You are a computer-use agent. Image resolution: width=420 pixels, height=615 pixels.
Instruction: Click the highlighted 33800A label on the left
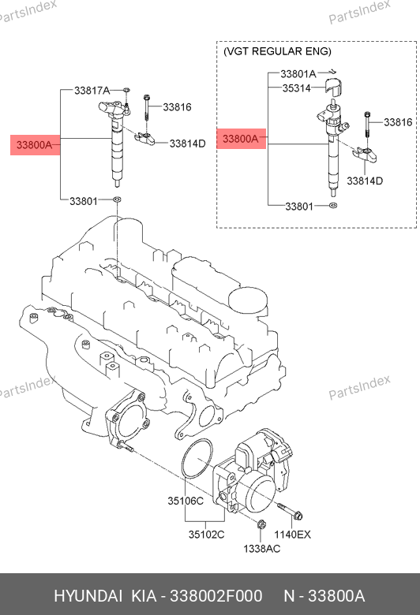click(35, 145)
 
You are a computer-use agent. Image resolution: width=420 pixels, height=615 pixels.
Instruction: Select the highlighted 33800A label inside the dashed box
click(242, 139)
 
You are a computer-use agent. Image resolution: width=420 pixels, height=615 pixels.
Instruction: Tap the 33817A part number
click(92, 91)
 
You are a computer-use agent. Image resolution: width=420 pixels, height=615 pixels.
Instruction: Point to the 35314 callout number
click(296, 88)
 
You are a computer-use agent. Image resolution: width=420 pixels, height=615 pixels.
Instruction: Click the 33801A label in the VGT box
click(298, 73)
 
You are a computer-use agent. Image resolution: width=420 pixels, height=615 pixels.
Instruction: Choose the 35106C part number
click(186, 501)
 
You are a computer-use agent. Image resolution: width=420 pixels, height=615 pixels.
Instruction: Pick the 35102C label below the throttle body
click(206, 535)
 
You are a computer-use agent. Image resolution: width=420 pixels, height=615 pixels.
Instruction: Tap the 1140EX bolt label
click(292, 535)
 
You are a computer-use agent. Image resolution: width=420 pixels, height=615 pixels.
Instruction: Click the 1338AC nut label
click(261, 548)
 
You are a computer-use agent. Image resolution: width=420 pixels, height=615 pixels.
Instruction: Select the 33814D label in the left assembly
click(187, 143)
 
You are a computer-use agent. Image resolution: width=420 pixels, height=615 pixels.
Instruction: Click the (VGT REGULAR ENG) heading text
click(277, 51)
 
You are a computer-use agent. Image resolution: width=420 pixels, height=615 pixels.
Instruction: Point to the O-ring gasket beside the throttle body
click(197, 459)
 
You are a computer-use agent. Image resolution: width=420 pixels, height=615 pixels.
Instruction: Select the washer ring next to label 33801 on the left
click(117, 199)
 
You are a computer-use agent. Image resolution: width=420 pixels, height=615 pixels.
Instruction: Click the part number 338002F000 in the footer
click(216, 596)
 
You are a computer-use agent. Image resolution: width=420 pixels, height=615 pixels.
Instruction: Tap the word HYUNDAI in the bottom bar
click(88, 596)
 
